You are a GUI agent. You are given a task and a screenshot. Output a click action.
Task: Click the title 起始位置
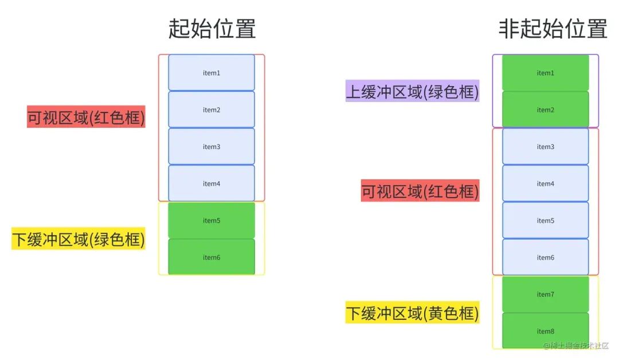click(x=211, y=29)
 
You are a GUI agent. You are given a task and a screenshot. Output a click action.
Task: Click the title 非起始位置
click(x=553, y=29)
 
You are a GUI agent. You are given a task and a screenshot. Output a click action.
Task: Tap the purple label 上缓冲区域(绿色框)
click(x=412, y=91)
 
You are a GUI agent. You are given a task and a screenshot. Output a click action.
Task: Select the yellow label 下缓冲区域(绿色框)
click(x=79, y=239)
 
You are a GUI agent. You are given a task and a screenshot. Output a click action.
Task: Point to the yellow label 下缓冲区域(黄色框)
click(x=412, y=314)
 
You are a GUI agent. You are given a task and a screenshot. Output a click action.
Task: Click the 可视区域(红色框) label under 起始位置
click(x=86, y=118)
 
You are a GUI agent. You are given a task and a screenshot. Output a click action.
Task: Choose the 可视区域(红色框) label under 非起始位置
click(x=420, y=191)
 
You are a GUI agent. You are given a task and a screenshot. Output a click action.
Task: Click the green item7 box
click(x=545, y=294)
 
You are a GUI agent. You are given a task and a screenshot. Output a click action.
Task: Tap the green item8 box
click(x=545, y=331)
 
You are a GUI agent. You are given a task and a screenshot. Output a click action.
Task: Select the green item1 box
click(x=545, y=73)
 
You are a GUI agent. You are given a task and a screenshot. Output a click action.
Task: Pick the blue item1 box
click(x=211, y=73)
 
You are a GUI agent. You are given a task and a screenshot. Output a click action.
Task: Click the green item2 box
click(x=545, y=109)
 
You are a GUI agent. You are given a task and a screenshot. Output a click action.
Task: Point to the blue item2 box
click(x=211, y=109)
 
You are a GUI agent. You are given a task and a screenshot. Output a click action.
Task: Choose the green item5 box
click(x=211, y=221)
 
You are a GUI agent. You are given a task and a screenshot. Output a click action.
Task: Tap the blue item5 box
click(x=545, y=221)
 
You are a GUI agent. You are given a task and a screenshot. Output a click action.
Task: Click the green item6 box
click(x=211, y=257)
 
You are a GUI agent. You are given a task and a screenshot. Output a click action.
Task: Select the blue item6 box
click(x=545, y=257)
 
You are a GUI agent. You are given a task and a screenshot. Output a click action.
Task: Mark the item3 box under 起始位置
click(x=211, y=147)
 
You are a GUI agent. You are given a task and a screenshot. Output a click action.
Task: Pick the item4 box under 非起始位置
click(x=545, y=183)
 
